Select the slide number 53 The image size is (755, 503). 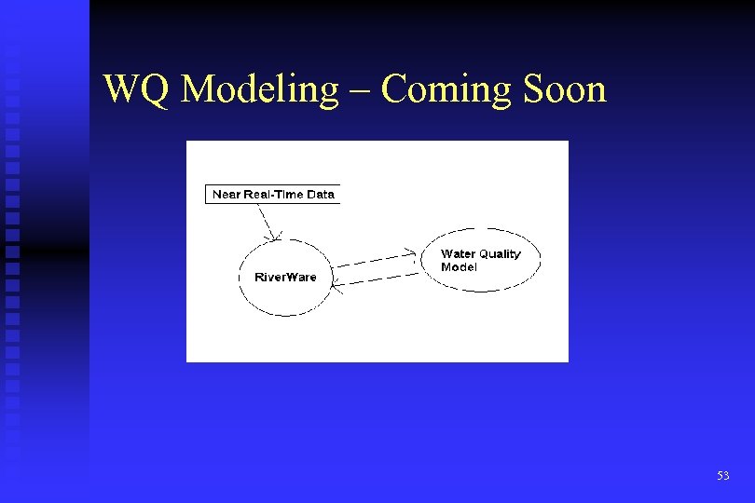point(723,476)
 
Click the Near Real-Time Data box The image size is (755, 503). point(272,195)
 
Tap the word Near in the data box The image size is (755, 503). point(226,195)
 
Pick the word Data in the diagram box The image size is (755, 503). point(320,195)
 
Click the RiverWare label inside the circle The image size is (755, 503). point(285,278)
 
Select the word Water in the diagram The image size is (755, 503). point(459,253)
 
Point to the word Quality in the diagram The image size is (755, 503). point(501,254)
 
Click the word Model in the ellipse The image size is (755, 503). point(459,267)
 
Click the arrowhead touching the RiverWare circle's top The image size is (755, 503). point(273,236)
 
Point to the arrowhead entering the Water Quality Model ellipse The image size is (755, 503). point(412,251)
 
